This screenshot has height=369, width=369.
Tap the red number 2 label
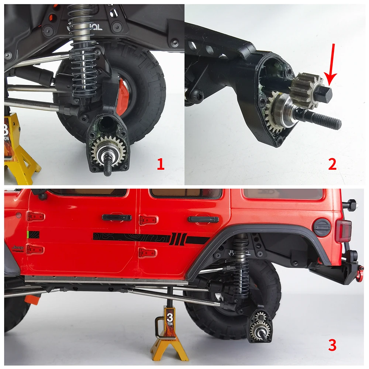[332, 164]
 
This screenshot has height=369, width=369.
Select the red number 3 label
[332, 345]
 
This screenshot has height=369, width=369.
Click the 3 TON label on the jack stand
[169, 318]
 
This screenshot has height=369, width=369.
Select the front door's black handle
[117, 217]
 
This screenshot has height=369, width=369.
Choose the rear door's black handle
[203, 219]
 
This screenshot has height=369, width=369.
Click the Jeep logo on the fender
[17, 248]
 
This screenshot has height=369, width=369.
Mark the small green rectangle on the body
[28, 234]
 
